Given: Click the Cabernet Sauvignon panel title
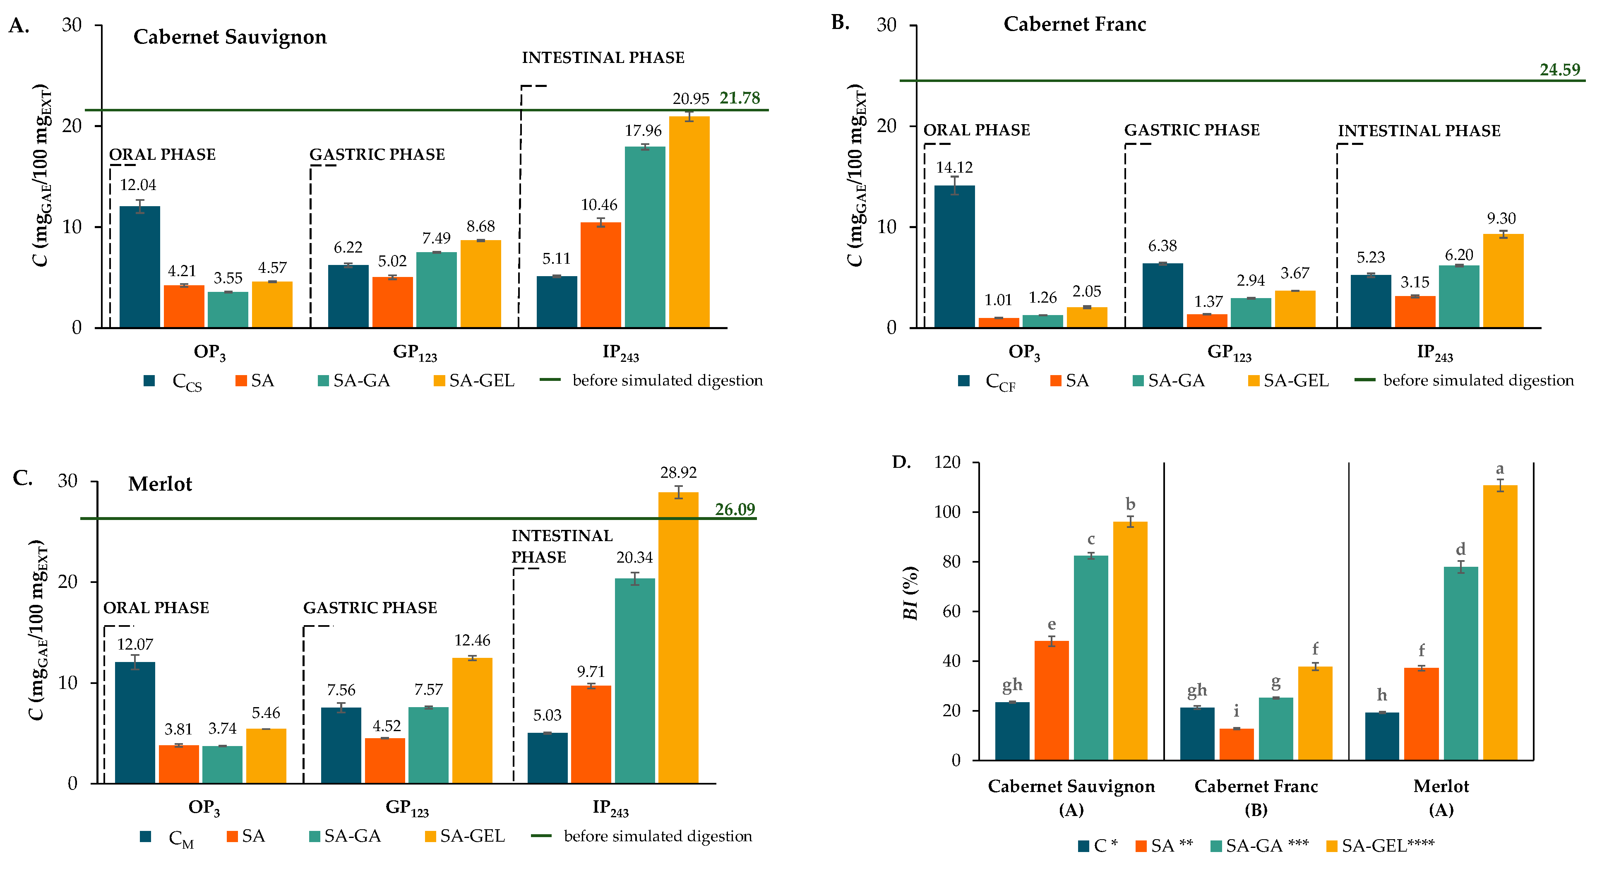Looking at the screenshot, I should click(x=230, y=37).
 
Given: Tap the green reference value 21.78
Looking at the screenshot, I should click(x=740, y=98).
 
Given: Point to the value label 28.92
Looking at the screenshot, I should click(x=678, y=473).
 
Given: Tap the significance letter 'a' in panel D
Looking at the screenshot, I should click(x=1499, y=469).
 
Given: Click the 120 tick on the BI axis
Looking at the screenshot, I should click(x=947, y=462).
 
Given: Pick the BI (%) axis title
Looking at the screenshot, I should click(x=910, y=593).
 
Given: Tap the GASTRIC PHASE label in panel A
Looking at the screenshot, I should click(x=377, y=154).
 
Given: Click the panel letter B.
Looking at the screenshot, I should click(x=840, y=22).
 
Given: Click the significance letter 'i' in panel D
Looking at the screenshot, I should click(x=1236, y=711).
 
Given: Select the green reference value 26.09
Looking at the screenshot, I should click(x=735, y=510).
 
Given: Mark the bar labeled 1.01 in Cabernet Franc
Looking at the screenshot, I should click(x=998, y=322).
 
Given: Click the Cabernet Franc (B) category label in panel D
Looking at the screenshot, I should click(x=1256, y=797).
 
